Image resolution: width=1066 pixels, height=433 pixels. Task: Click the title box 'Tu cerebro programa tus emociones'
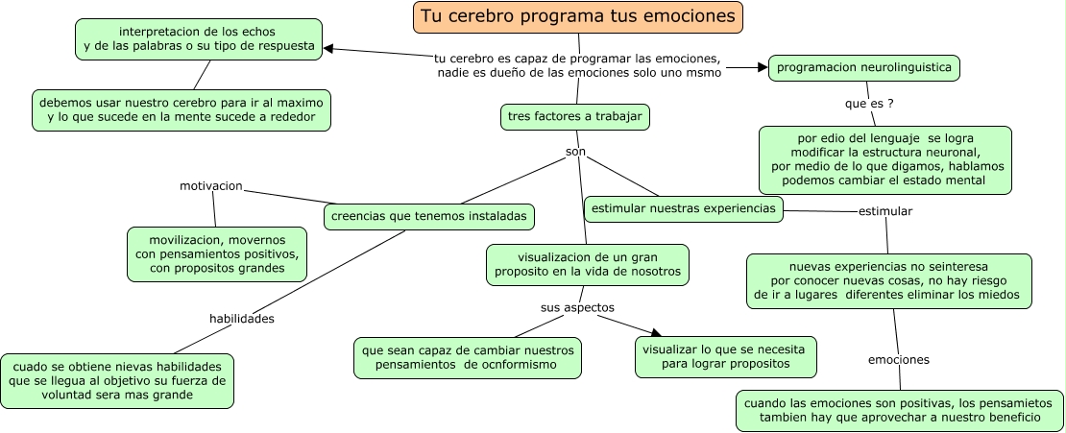(579, 16)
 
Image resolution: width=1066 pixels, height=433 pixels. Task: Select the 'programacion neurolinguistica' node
(863, 68)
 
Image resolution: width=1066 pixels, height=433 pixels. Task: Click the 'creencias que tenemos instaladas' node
(429, 217)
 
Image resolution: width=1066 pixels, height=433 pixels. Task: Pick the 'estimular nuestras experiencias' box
(684, 207)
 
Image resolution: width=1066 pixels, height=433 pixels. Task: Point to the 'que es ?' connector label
(869, 103)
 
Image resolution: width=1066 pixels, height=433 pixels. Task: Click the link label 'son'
(575, 153)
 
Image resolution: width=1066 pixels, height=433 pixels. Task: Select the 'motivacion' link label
(211, 185)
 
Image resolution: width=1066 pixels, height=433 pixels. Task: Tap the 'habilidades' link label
(242, 318)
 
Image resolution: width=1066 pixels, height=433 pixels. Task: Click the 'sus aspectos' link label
(576, 307)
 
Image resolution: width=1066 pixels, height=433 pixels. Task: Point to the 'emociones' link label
(898, 360)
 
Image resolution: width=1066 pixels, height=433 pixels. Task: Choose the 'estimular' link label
(884, 210)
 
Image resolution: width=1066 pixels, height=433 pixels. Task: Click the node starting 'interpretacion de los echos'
(199, 39)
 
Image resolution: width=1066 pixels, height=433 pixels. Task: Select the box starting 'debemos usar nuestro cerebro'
(182, 110)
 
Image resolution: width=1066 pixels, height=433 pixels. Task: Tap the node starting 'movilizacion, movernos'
(217, 253)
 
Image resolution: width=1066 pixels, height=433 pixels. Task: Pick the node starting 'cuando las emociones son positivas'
(899, 410)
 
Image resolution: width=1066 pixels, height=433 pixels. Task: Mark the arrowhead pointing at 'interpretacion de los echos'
(329, 48)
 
